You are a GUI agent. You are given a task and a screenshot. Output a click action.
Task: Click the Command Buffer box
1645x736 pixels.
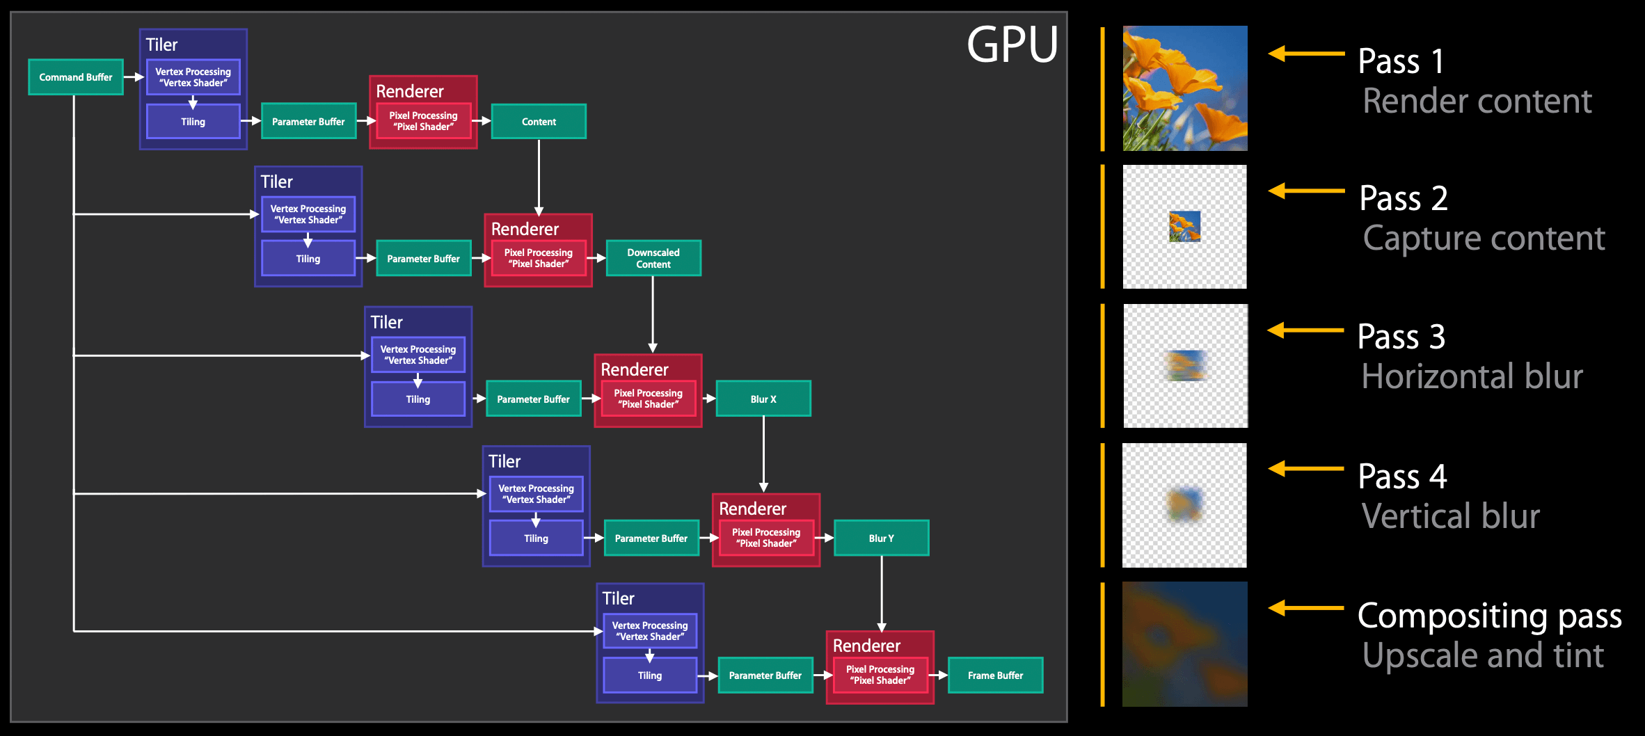pyautogui.click(x=76, y=77)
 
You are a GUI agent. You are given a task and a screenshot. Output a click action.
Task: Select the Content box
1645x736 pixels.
pyautogui.click(x=539, y=122)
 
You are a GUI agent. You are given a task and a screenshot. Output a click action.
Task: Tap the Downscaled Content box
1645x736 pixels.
pyautogui.click(x=653, y=258)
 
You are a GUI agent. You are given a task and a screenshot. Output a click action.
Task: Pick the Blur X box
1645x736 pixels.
pyautogui.click(x=763, y=399)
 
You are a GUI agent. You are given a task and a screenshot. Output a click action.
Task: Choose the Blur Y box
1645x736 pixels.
pyautogui.click(x=881, y=538)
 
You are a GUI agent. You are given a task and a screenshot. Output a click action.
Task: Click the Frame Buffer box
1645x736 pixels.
pyautogui.click(x=995, y=675)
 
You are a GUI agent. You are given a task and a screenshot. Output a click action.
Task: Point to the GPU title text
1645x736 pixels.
pyautogui.click(x=1012, y=45)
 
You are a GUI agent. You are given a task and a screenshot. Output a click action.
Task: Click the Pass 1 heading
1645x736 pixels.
pyautogui.click(x=1401, y=61)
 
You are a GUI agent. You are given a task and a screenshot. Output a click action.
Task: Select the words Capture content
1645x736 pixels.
pyautogui.click(x=1484, y=238)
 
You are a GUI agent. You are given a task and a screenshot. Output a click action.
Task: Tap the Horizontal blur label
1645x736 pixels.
pyautogui.click(x=1472, y=376)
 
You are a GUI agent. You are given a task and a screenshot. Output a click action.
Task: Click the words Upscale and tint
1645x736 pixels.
pyautogui.click(x=1483, y=655)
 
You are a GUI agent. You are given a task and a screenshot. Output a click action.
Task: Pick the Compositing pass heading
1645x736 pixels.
pyautogui.click(x=1489, y=616)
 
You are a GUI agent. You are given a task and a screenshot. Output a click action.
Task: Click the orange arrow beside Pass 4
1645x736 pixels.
pyautogui.click(x=1305, y=469)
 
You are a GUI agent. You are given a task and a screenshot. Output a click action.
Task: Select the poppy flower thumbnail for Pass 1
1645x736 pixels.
pyautogui.click(x=1185, y=88)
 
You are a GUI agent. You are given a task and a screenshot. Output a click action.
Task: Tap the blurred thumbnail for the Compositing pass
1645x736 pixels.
pyautogui.click(x=1185, y=644)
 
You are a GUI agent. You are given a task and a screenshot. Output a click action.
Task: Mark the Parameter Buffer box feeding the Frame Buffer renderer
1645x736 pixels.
pyautogui.click(x=765, y=675)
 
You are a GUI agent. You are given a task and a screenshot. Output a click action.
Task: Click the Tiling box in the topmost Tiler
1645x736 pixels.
pyautogui.click(x=193, y=122)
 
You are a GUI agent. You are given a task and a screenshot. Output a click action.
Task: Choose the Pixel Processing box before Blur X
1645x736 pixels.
pyautogui.click(x=648, y=399)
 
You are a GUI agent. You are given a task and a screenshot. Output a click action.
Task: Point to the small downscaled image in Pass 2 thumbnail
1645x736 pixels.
pyautogui.click(x=1185, y=226)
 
